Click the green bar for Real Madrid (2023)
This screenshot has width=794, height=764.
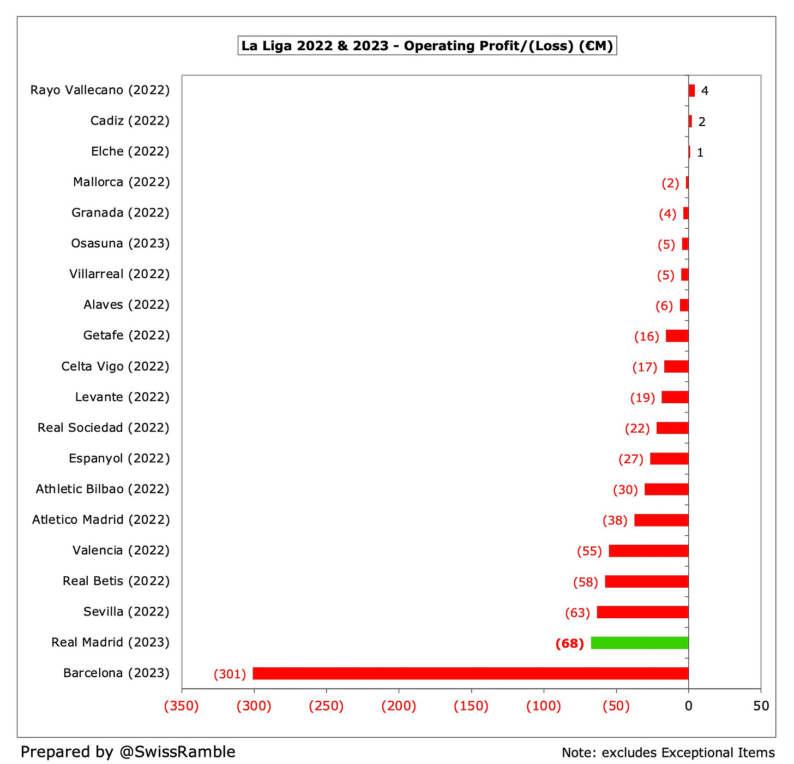(x=639, y=643)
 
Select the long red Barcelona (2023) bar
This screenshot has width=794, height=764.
(x=470, y=673)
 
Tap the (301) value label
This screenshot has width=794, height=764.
(x=230, y=674)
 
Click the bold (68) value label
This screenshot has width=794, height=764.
(x=569, y=643)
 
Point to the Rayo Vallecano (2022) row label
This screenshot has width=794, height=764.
(x=100, y=90)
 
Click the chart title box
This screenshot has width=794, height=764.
(x=427, y=46)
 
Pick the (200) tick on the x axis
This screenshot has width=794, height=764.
(x=399, y=706)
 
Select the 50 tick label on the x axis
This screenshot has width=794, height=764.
(x=760, y=706)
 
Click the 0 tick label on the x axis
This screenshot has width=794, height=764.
(x=688, y=706)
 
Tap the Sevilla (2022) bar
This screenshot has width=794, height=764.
(x=642, y=612)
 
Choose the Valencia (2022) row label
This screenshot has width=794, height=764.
(x=121, y=550)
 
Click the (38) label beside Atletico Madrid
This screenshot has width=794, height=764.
(x=615, y=521)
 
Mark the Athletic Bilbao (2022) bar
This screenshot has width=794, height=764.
(x=666, y=490)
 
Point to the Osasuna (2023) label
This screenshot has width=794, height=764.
(x=120, y=243)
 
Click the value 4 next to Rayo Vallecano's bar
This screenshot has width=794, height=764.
(x=705, y=91)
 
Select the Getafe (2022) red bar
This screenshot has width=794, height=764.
(x=677, y=336)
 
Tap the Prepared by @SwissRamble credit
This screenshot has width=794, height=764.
(x=128, y=751)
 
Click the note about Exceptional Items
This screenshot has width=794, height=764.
(x=668, y=753)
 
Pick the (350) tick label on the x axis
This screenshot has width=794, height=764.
(x=182, y=706)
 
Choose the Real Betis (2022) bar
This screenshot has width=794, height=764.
(x=646, y=582)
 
